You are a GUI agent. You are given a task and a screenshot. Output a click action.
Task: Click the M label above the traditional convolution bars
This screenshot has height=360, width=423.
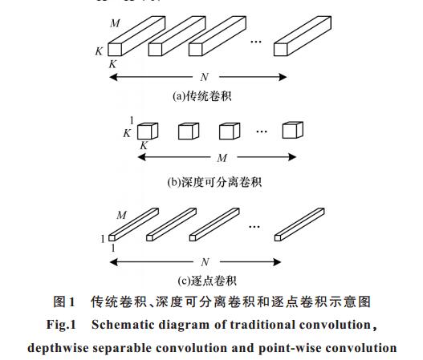[x=115, y=23]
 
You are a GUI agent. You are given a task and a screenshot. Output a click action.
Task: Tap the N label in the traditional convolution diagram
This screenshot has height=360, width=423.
[x=205, y=77]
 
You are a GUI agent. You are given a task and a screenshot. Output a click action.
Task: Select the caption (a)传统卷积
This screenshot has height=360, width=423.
[x=202, y=96]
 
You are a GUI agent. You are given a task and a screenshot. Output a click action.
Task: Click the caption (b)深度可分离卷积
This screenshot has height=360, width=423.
[x=214, y=183]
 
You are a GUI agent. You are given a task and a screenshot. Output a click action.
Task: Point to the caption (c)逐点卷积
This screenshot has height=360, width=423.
[x=207, y=281]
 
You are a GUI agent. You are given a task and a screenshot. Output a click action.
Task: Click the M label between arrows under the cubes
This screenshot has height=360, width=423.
[x=222, y=158]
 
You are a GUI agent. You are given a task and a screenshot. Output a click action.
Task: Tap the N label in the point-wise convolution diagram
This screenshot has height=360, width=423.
[x=205, y=262]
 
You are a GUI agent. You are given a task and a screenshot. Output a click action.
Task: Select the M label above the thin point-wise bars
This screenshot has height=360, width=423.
[x=122, y=215]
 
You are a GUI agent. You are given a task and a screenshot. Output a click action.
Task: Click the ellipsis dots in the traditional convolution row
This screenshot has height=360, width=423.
[x=256, y=42]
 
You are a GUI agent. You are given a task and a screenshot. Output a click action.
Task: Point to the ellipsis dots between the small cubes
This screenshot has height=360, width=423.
[x=262, y=131]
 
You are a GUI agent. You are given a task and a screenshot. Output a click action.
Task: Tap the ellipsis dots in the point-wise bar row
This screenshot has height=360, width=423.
[x=254, y=227]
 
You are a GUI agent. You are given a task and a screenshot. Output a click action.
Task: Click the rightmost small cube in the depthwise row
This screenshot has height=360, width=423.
[x=293, y=130]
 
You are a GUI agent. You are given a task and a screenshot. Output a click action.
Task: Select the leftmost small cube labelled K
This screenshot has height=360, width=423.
[x=148, y=131]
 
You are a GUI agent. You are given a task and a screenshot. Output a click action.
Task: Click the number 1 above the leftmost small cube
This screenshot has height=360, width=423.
[x=132, y=120]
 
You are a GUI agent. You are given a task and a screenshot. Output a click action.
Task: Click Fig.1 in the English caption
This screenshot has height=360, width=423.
[x=62, y=325]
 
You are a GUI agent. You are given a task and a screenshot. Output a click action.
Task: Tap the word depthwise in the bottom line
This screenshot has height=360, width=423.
[x=58, y=348]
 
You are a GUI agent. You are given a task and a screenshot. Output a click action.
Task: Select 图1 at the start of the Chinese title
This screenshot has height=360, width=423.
[x=63, y=301]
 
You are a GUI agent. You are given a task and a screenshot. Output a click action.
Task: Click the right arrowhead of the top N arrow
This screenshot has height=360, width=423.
[x=283, y=77]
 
